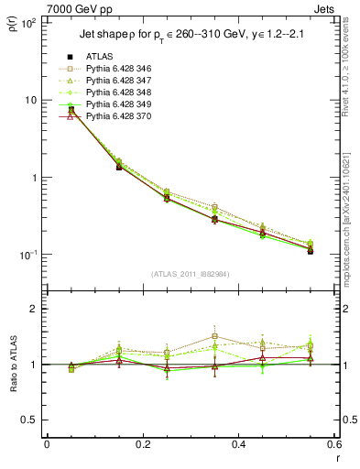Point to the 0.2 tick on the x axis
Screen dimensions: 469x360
point(142,444)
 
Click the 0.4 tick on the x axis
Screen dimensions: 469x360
point(238,444)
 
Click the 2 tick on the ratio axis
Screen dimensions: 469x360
point(35,309)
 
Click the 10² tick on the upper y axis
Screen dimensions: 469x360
point(28,22)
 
